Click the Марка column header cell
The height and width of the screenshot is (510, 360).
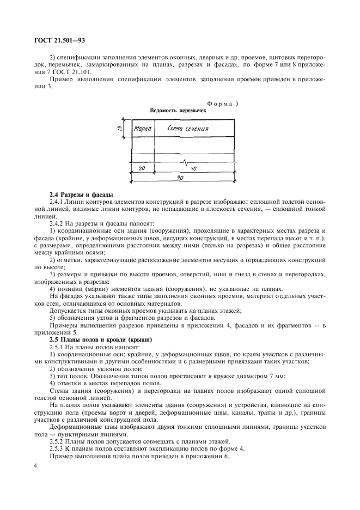[143, 129]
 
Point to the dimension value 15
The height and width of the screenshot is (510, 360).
[120, 129]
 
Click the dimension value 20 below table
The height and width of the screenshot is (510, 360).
[142, 169]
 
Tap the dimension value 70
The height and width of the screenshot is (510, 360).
[193, 169]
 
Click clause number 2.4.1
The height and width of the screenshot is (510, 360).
[57, 202]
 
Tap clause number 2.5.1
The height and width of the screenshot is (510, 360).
[57, 347]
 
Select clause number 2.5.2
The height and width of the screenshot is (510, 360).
[57, 440]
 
